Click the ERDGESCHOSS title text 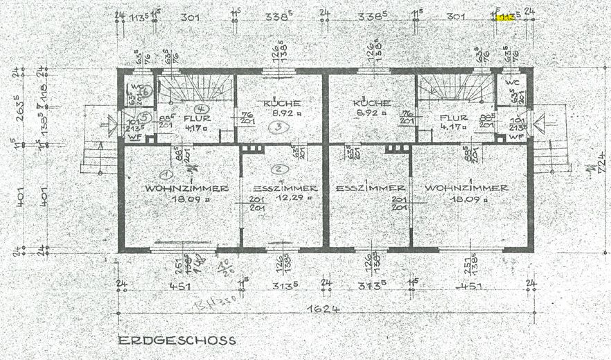(177, 340)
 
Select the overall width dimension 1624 (326, 309)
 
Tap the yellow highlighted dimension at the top (506, 17)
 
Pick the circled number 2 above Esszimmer (278, 168)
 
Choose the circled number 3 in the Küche (276, 127)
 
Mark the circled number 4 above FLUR (200, 109)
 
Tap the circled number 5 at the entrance (144, 117)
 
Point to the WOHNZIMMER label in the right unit (466, 188)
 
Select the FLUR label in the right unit (454, 118)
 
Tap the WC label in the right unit (511, 82)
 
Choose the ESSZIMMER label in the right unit (370, 188)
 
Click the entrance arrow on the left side (109, 126)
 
